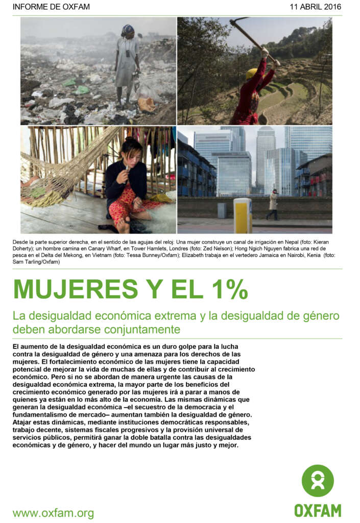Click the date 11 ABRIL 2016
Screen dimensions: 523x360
click(315, 7)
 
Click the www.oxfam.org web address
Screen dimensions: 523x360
click(53, 513)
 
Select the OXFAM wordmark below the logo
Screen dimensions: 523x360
click(317, 510)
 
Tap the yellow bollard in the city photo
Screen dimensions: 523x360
click(243, 215)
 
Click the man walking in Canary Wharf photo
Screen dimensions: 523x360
click(274, 205)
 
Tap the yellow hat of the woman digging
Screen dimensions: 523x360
click(251, 74)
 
